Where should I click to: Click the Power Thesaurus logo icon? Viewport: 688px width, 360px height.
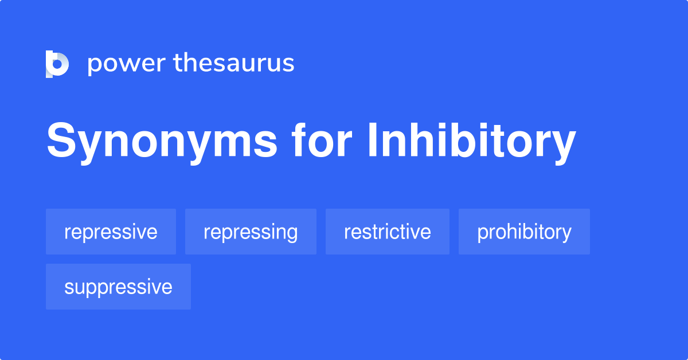pyautogui.click(x=57, y=64)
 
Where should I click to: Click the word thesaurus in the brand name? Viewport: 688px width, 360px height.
pyautogui.click(x=234, y=63)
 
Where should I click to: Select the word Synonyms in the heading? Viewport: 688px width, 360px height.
pyautogui.click(x=162, y=143)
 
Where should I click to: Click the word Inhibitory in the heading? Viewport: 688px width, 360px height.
pyautogui.click(x=471, y=142)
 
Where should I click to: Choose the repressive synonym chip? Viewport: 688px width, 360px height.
pyautogui.click(x=111, y=232)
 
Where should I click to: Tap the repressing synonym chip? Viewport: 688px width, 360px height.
pyautogui.click(x=251, y=232)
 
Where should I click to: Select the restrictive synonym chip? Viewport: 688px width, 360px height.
pyautogui.click(x=387, y=232)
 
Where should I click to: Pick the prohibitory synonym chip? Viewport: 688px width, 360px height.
pyautogui.click(x=524, y=232)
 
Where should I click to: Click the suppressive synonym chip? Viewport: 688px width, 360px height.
pyautogui.click(x=118, y=287)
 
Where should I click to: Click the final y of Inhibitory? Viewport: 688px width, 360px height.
pyautogui.click(x=564, y=146)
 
